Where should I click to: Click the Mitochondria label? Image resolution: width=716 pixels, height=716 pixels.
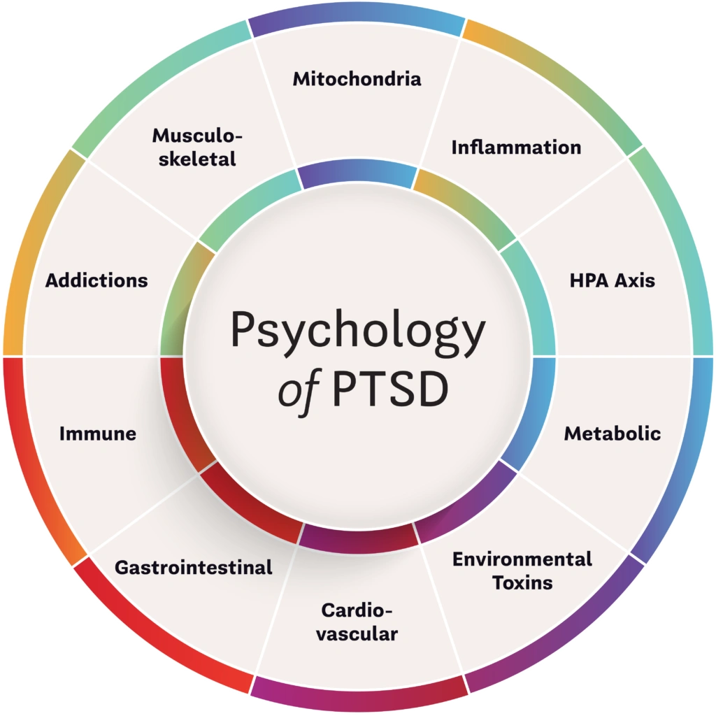357,78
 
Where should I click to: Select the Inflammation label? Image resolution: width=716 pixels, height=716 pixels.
516,148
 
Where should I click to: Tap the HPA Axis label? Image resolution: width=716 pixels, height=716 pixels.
613,280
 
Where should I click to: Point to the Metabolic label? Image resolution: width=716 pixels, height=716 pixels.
613,434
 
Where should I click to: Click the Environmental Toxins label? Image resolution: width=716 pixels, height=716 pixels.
522,571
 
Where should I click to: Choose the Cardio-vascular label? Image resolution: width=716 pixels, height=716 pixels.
359,622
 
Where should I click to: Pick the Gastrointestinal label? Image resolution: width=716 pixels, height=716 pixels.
194,567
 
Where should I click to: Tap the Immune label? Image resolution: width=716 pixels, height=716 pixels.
98,434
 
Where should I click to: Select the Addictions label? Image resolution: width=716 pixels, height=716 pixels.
96,280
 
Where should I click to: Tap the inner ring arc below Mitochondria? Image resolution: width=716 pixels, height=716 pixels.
357,173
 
